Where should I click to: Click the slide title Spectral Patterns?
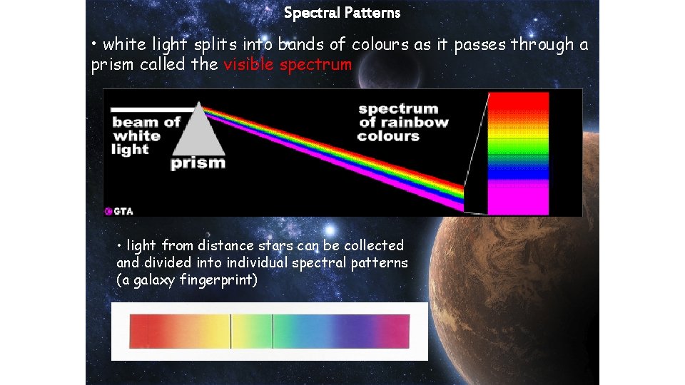tap(342, 13)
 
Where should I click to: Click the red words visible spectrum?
tap(288, 66)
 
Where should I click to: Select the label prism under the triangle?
tap(198, 163)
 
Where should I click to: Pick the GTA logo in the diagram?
tap(119, 211)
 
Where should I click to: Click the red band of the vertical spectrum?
tap(518, 104)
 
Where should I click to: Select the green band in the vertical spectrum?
tap(518, 151)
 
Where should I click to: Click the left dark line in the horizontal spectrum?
tap(230, 332)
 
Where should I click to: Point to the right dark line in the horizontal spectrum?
tap(273, 332)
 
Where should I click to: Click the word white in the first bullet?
tap(126, 45)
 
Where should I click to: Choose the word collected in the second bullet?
tap(373, 246)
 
